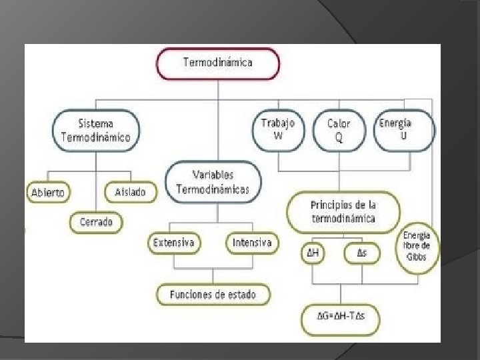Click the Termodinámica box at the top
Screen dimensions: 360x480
pos(217,63)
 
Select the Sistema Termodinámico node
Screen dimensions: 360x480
pos(95,130)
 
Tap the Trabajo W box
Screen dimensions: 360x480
pos(278,129)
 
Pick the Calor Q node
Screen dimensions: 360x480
pos(339,131)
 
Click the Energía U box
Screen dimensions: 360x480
pos(404,129)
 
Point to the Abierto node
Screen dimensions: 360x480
pos(48,192)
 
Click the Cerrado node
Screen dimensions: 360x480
pos(97,222)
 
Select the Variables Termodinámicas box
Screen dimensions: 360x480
pos(213,182)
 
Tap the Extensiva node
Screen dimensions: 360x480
pos(173,243)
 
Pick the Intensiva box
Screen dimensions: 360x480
pos(251,243)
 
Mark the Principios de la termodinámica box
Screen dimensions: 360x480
pos(343,213)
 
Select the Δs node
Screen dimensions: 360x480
pos(361,253)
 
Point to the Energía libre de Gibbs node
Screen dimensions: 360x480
pos(417,246)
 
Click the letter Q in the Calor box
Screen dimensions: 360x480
pos(339,137)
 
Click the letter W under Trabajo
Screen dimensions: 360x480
pos(278,135)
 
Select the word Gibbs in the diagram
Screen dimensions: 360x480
pos(417,257)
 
